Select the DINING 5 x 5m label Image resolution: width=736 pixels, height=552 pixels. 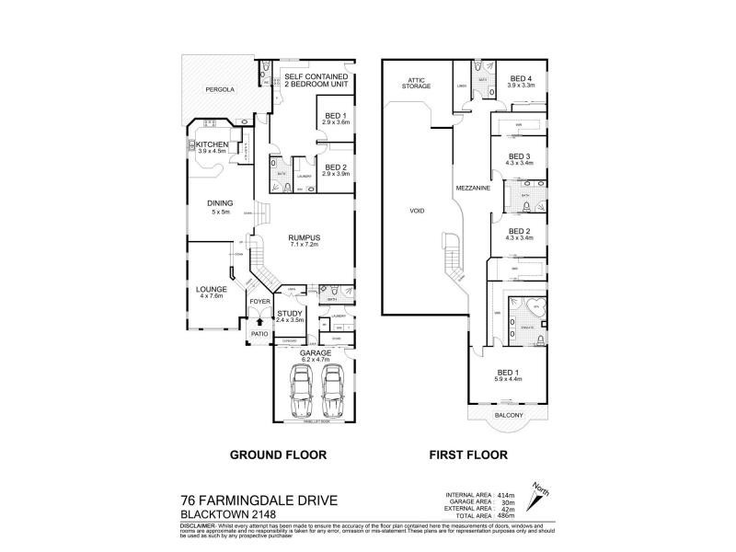(x=219, y=208)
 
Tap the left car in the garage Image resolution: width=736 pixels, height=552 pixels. (x=299, y=390)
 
